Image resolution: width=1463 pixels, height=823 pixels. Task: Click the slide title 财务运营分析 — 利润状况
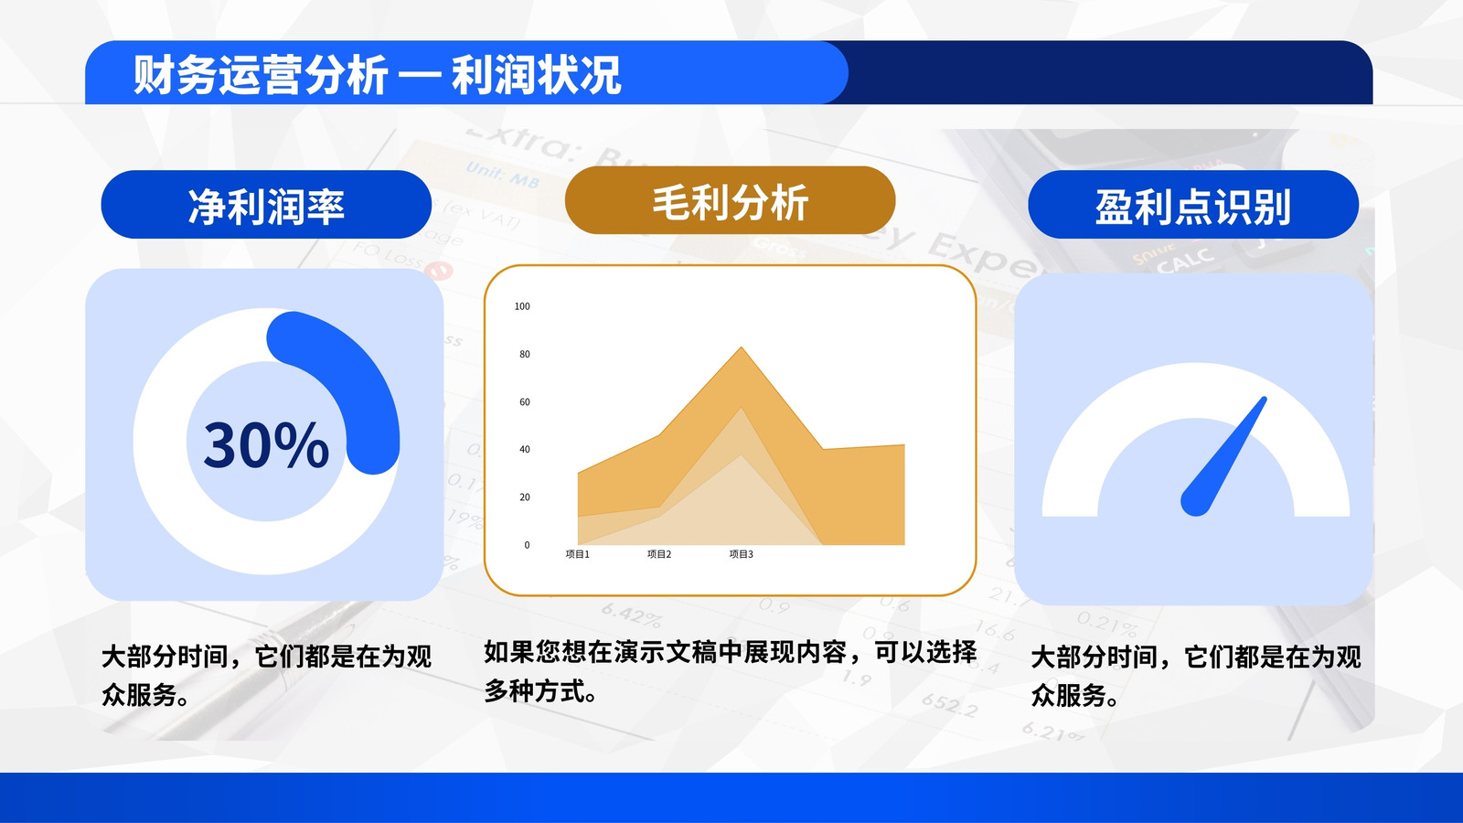click(377, 74)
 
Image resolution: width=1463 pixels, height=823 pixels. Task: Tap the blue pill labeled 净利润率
click(266, 205)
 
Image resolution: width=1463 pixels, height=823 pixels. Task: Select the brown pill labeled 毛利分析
click(730, 200)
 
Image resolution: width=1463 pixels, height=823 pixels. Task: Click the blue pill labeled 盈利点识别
click(1193, 205)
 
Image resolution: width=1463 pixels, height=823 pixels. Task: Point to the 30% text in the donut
click(266, 444)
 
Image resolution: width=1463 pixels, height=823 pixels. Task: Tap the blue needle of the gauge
click(1223, 457)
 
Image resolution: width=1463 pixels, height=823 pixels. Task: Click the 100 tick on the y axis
click(522, 306)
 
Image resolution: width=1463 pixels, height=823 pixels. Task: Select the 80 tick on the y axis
click(525, 354)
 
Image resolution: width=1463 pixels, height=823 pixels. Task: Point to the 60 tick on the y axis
click(525, 401)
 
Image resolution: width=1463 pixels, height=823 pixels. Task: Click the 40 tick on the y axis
click(525, 449)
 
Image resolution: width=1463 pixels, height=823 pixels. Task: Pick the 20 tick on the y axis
click(525, 497)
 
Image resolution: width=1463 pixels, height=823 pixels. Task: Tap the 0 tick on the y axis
click(527, 545)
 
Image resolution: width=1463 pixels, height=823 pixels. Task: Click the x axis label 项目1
click(577, 554)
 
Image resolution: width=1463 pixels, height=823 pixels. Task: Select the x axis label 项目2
click(659, 554)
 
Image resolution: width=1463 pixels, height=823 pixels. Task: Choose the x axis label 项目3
click(742, 554)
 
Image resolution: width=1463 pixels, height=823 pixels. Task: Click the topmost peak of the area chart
click(742, 347)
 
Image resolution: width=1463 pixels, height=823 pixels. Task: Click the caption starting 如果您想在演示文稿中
click(731, 671)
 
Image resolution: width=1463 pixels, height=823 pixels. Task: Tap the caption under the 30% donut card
click(266, 676)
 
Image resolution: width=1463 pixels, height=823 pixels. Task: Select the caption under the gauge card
click(1196, 676)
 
